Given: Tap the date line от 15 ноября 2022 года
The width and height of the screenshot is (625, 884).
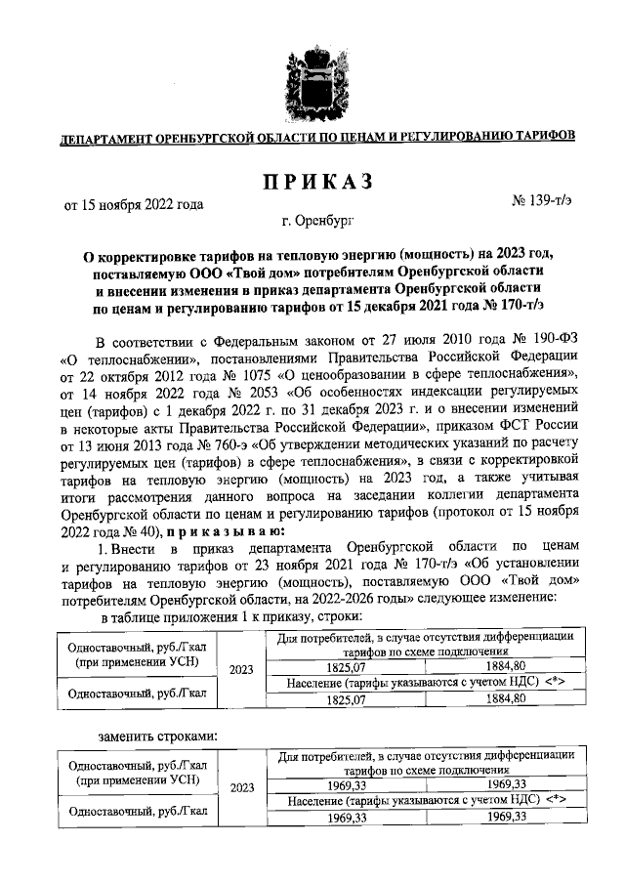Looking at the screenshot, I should pos(134,205).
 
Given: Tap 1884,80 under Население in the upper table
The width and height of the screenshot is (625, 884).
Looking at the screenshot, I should pos(505,699).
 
